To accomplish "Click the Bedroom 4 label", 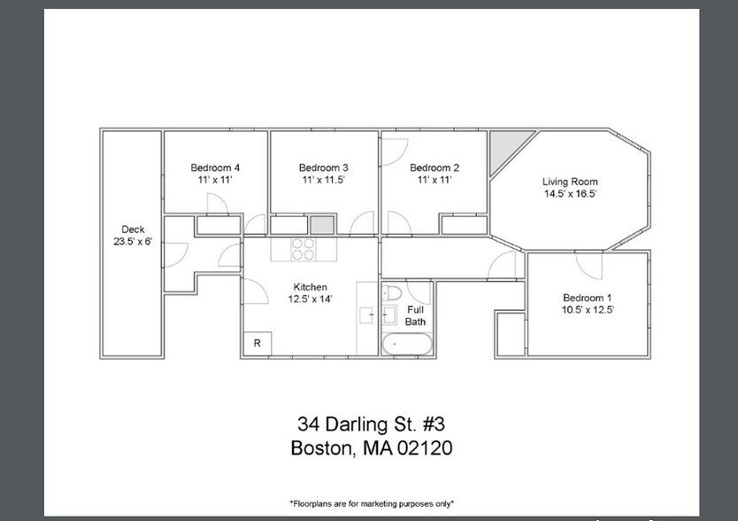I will (215, 167).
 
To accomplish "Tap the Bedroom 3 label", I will (323, 167).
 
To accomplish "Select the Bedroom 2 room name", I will (434, 167).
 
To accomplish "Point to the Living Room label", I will (570, 182).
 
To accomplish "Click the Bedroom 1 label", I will (588, 298).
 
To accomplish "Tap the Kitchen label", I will (311, 287).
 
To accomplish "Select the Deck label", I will (133, 229).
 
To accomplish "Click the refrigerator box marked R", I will (257, 343).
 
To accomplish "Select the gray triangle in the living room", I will (505, 144).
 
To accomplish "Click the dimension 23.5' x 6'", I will (133, 241).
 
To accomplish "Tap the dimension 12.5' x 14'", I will (311, 299).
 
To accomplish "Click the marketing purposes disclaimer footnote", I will (372, 503).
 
